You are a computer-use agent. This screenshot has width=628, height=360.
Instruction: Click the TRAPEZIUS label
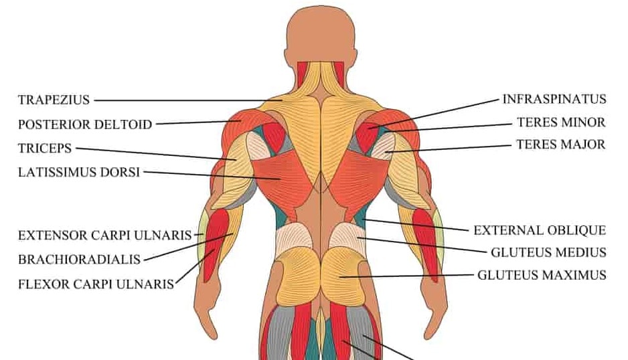[54, 100]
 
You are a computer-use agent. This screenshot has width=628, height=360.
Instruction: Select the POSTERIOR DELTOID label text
[85, 124]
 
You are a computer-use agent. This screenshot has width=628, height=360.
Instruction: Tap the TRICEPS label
[45, 149]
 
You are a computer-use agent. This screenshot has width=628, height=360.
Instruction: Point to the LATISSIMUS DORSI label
[78, 172]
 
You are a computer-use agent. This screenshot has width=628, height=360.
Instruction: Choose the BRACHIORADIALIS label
[79, 259]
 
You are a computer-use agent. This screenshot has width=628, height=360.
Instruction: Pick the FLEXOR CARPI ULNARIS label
[96, 284]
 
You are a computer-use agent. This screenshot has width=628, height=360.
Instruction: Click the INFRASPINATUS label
[554, 99]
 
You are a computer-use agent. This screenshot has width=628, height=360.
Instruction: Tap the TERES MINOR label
[561, 122]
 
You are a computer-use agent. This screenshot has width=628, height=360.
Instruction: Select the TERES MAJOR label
[561, 144]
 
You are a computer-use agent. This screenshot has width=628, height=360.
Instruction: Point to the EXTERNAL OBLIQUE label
[540, 230]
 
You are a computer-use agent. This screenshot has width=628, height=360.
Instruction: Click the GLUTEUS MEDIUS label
[548, 252]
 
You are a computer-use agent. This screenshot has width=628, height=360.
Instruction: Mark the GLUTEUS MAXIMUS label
[542, 274]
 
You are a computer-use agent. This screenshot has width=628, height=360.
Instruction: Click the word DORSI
[121, 172]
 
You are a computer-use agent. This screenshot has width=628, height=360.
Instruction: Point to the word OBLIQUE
[577, 230]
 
